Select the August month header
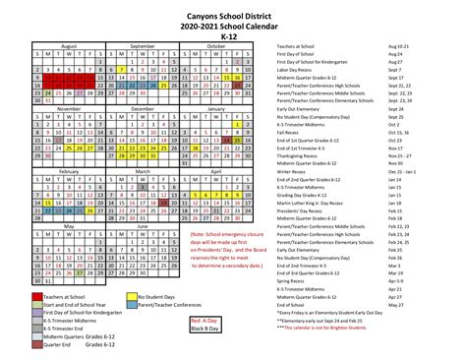click(x=68, y=45)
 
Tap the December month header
click(x=142, y=108)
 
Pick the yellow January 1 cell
click(x=237, y=125)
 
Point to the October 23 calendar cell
click(x=237, y=88)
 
